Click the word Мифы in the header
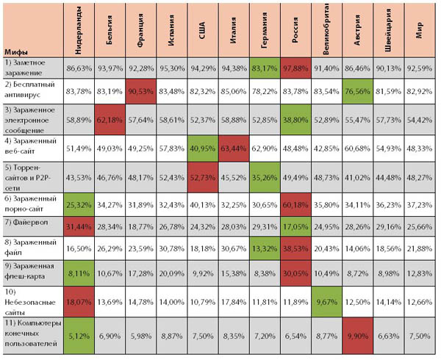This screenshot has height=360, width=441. click(16, 52)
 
